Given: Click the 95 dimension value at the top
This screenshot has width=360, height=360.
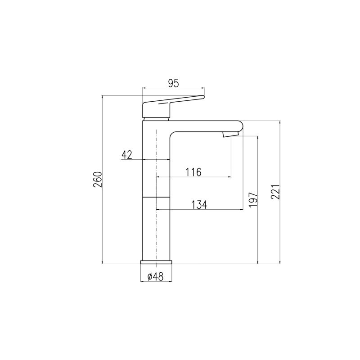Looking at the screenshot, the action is tap(173, 83).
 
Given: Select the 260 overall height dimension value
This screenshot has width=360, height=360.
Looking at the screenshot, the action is tap(98, 179).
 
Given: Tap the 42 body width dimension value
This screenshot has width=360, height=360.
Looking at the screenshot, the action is tap(127, 155).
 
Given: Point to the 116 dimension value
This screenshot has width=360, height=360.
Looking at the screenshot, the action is tap(193, 172).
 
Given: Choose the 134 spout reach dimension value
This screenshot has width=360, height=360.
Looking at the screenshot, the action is tap(199, 205).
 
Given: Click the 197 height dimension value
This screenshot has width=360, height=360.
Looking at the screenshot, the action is tap(253, 199).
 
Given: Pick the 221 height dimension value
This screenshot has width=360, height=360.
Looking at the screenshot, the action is tap(275, 192).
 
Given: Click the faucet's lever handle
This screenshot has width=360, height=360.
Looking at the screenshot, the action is tap(170, 106).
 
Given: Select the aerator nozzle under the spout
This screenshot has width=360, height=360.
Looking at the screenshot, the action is tap(231, 134).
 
